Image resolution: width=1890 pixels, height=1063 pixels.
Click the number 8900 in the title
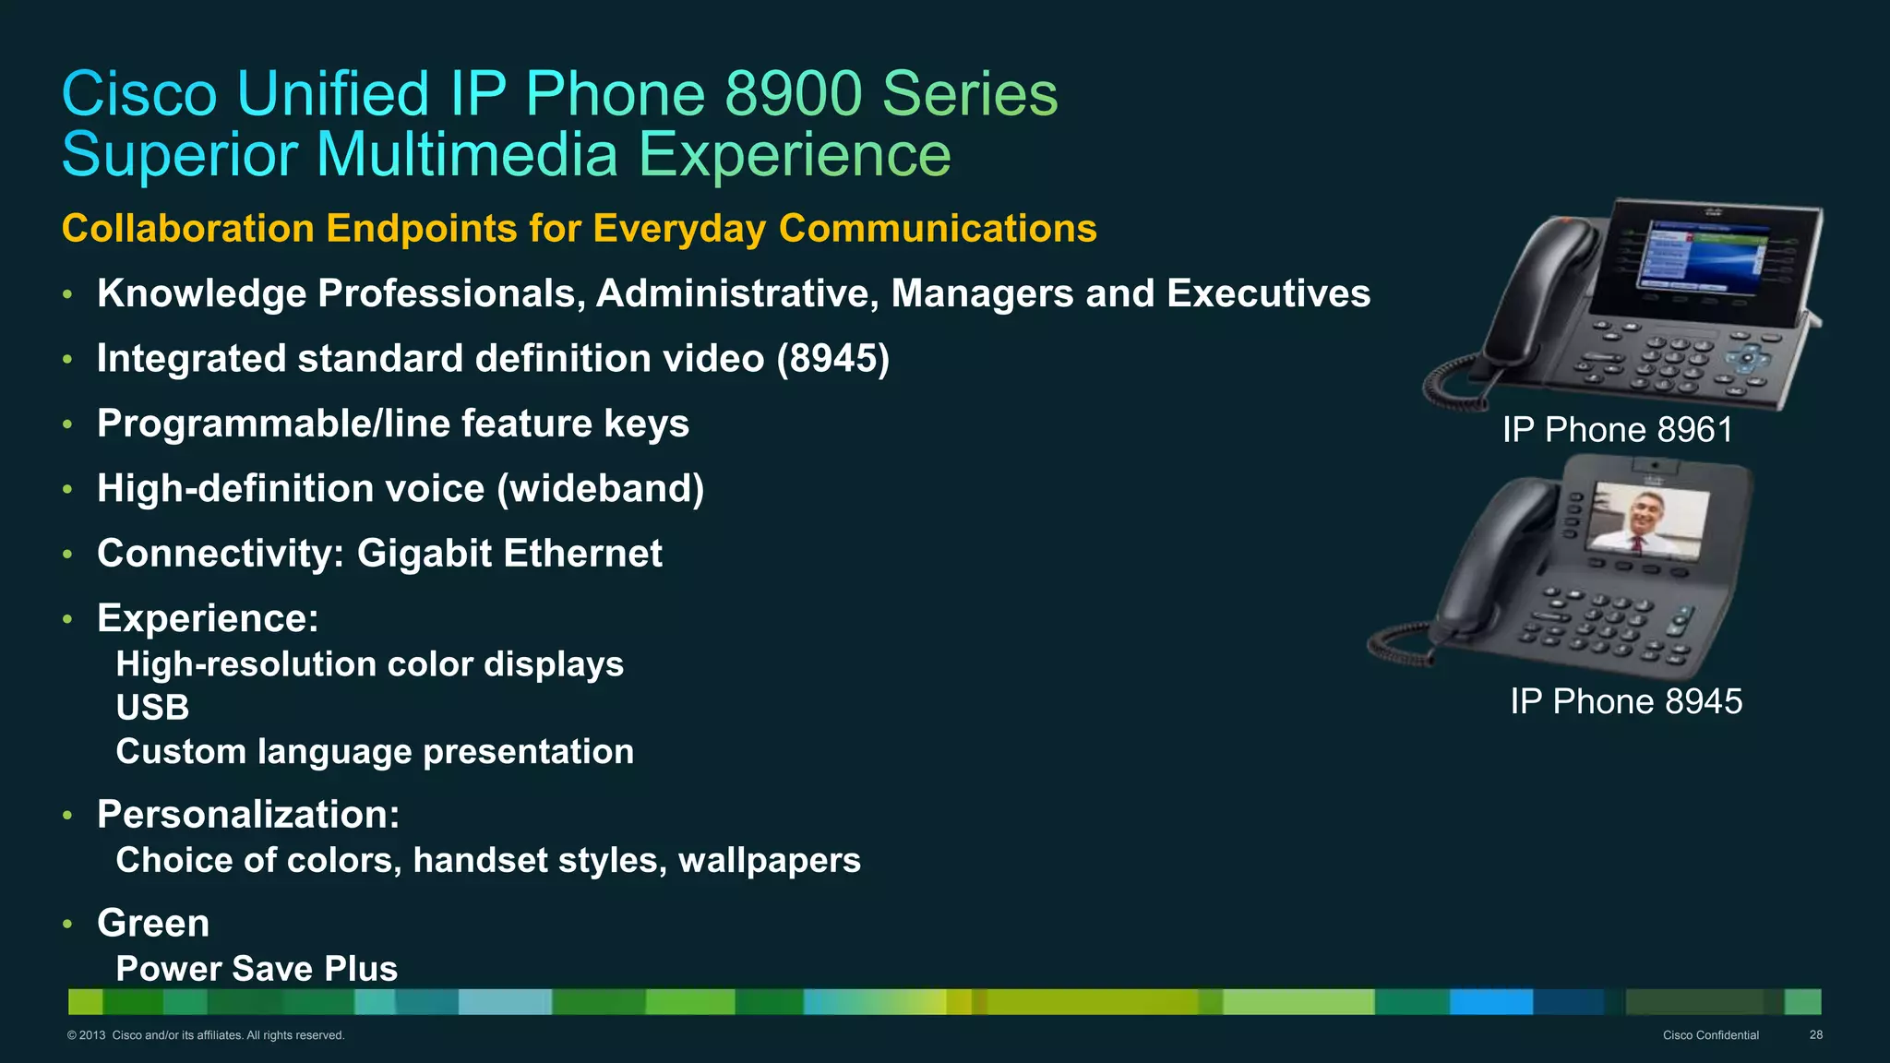795,94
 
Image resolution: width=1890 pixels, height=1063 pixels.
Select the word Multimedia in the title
467,155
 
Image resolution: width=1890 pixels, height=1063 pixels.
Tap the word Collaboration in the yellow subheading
188,229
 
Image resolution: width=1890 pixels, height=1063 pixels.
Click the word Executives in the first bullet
1268,293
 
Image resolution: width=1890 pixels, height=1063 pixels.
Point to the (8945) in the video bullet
832,359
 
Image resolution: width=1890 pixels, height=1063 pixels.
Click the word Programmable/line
266,424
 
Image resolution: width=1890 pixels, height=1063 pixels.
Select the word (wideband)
601,489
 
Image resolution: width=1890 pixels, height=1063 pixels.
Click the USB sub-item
152,708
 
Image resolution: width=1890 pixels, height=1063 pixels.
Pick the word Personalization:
248,815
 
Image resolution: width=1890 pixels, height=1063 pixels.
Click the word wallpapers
769,860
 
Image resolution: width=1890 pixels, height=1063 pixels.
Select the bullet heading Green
153,924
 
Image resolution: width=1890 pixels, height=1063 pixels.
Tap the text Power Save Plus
257,969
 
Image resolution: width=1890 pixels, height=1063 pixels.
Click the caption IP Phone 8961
1617,430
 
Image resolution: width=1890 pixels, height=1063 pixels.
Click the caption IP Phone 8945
1626,702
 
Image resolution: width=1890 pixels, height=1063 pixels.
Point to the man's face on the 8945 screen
1647,513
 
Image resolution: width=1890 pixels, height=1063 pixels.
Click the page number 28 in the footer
1815,1035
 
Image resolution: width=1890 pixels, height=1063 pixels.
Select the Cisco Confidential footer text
1710,1035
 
